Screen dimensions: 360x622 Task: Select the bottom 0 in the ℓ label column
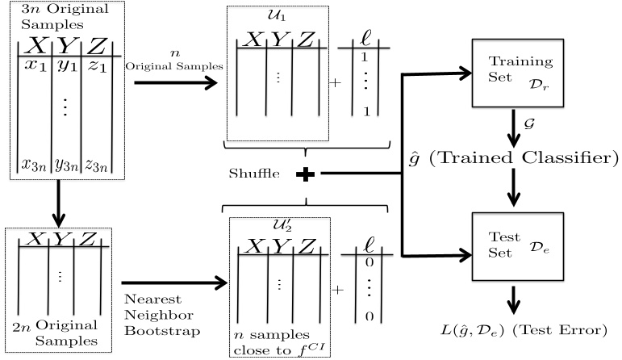pyautogui.click(x=369, y=316)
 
